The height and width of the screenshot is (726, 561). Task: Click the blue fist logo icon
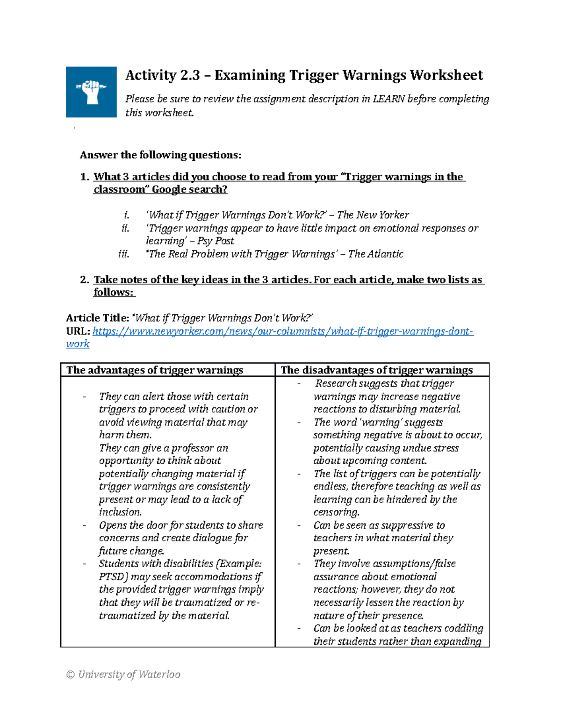[x=91, y=92]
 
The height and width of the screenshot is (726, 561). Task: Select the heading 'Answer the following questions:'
[x=160, y=155]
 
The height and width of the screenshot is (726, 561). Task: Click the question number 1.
[x=84, y=177]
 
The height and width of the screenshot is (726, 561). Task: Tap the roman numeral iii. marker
[x=123, y=254]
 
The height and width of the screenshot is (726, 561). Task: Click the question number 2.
[x=84, y=280]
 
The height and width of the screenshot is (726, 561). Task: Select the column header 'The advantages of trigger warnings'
[x=155, y=370]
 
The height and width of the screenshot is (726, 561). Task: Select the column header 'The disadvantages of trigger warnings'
[x=376, y=370]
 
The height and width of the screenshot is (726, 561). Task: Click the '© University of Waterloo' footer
[x=123, y=675]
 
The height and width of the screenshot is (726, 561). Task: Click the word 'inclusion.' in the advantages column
[x=121, y=512]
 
